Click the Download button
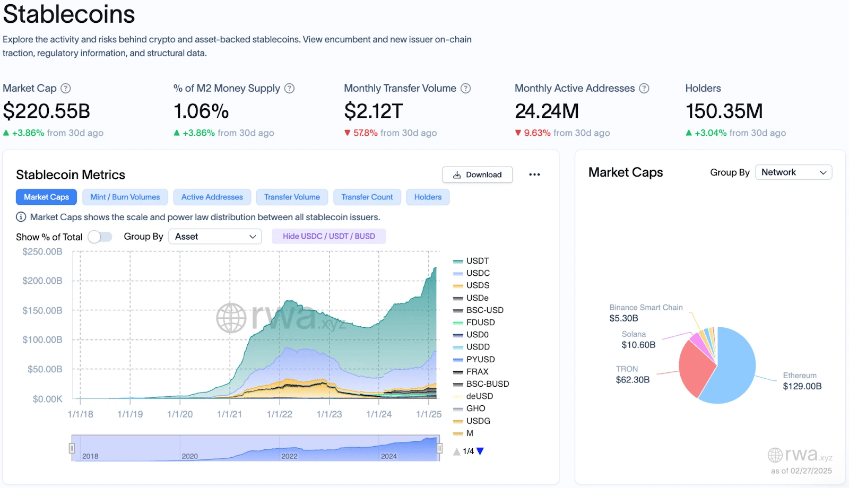point(477,175)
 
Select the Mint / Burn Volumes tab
point(125,197)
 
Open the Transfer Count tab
point(367,197)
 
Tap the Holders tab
point(428,197)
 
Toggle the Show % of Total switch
point(100,237)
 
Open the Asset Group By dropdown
point(215,237)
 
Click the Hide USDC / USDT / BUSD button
point(328,236)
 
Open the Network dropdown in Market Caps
point(793,172)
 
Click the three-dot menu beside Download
point(534,175)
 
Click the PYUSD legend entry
point(480,359)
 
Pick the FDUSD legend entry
point(480,323)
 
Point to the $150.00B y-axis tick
point(42,310)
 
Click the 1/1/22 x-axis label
point(279,414)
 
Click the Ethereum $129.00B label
point(802,381)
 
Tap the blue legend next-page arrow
point(480,451)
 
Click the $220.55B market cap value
point(47,111)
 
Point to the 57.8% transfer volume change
point(365,133)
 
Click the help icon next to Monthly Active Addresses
point(644,89)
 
